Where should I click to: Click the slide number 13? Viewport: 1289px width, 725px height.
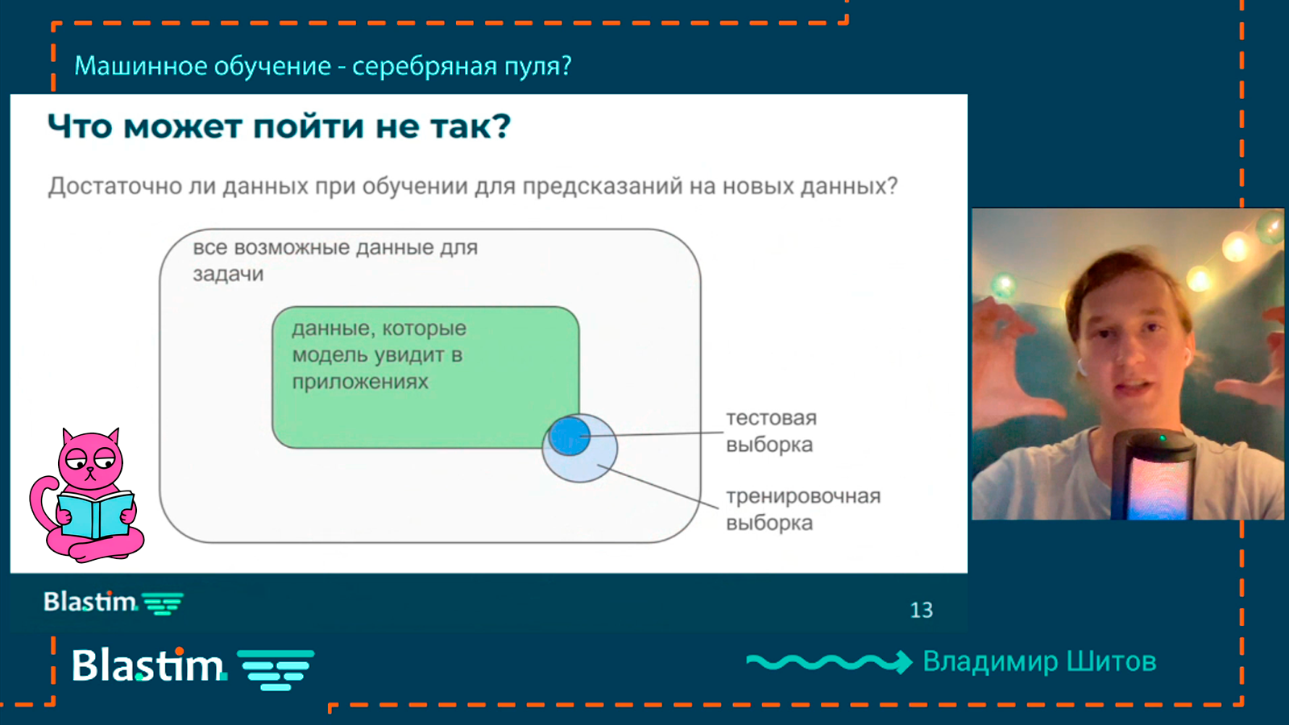pos(922,610)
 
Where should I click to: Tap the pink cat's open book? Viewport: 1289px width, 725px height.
pos(96,515)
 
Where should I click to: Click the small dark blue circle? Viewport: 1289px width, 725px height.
pos(570,436)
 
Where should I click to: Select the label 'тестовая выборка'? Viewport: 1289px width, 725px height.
pos(771,431)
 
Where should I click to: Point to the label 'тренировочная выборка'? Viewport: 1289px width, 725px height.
pos(803,509)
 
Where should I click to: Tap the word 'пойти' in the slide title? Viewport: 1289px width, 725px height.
pos(309,126)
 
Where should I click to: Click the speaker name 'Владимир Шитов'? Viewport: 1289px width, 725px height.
pos(1039,661)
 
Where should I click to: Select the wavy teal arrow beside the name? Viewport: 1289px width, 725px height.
pos(829,662)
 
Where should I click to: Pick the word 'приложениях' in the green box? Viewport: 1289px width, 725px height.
pos(360,382)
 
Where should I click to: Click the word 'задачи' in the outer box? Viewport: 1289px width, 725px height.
pos(228,274)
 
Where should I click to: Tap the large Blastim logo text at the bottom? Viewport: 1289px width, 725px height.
pos(148,665)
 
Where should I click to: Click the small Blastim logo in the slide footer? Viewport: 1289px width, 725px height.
pos(114,603)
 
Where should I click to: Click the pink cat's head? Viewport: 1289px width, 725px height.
pos(90,458)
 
